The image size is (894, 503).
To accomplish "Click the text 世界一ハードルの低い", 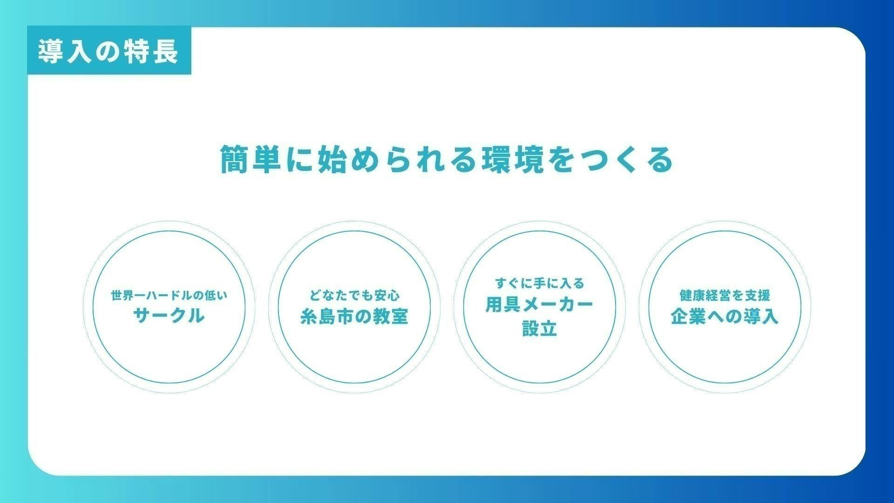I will [169, 295].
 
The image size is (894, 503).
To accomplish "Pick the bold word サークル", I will [169, 316].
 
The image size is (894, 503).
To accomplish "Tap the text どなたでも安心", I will [354, 295].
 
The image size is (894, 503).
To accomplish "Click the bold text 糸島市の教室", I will [354, 317].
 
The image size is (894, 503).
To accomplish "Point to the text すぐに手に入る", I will [540, 283].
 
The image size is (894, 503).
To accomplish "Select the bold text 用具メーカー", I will [540, 305].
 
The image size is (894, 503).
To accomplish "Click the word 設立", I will [540, 328].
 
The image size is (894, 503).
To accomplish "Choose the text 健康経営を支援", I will [725, 295].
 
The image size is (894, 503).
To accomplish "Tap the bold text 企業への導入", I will [725, 317].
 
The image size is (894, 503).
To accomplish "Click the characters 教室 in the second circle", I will [390, 317].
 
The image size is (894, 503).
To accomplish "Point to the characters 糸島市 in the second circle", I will [327, 317].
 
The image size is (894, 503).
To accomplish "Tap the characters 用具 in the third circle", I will [503, 305].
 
